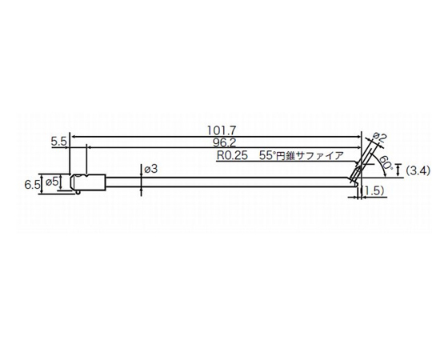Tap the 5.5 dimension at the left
(58, 141)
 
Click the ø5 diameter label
(53, 182)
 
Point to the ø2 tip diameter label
(379, 138)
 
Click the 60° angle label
(385, 163)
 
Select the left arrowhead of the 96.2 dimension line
(86, 148)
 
